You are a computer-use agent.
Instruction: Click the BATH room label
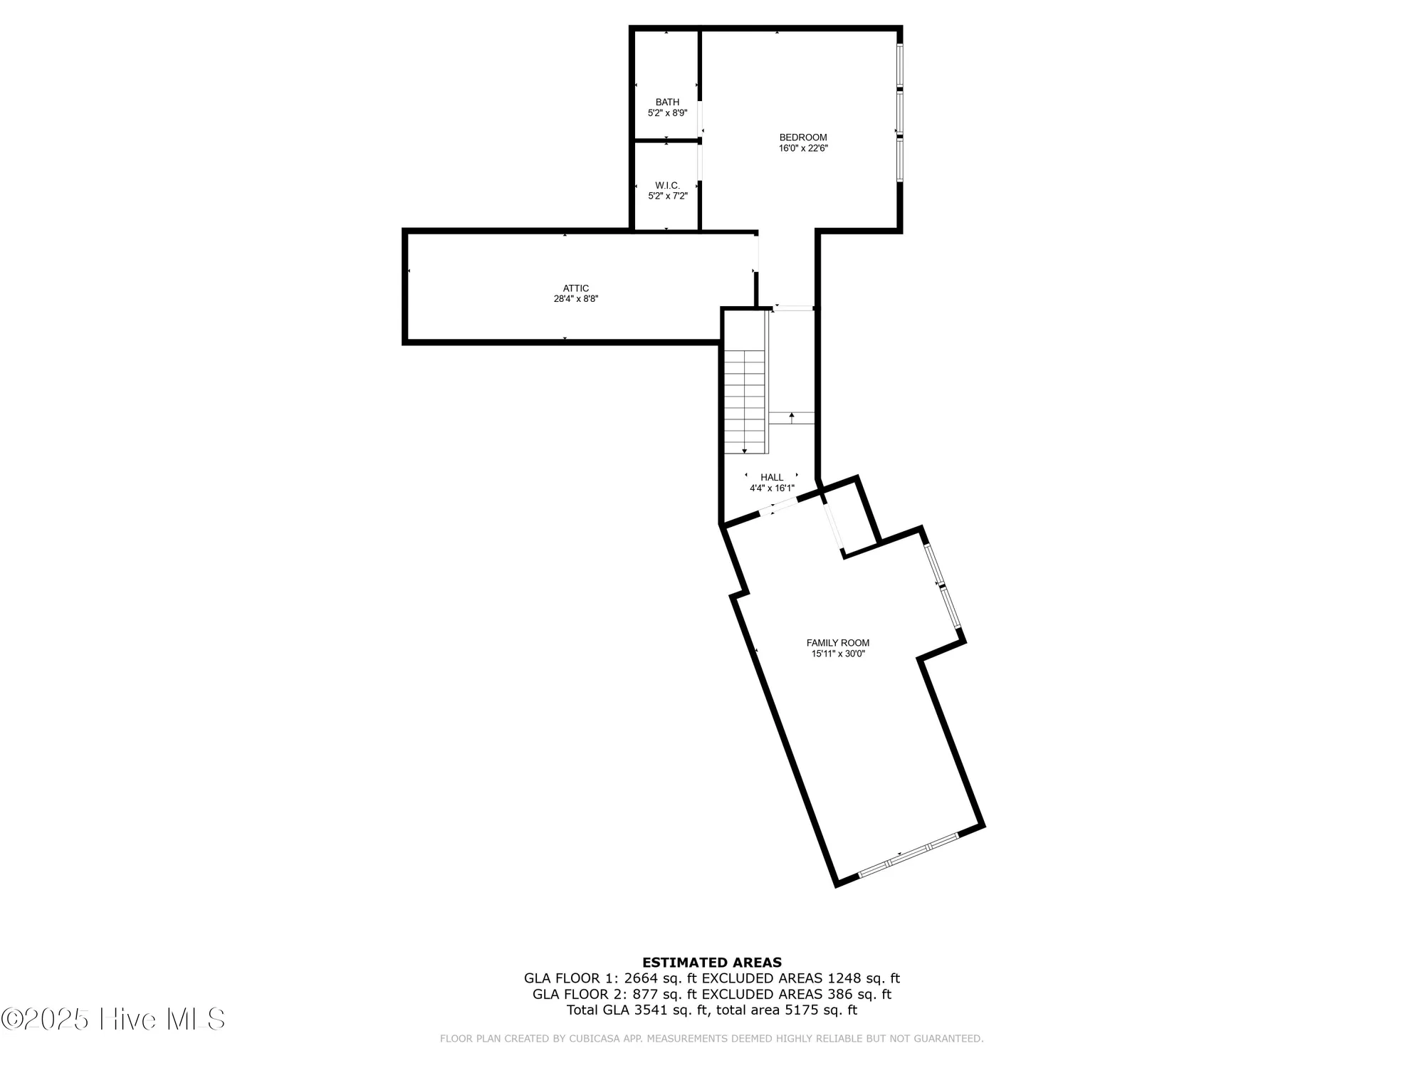pyautogui.click(x=667, y=102)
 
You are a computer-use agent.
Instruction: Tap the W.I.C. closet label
pyautogui.click(x=667, y=185)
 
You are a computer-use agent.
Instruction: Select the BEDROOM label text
pyautogui.click(x=802, y=137)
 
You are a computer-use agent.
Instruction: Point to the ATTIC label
pyautogui.click(x=575, y=288)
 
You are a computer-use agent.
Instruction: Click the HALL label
pyautogui.click(x=771, y=477)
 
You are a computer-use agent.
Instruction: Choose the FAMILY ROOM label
pyautogui.click(x=837, y=642)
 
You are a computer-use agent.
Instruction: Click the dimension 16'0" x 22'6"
pyautogui.click(x=802, y=149)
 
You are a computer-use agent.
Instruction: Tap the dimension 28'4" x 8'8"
pyautogui.click(x=575, y=299)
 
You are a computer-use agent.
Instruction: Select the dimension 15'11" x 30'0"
pyautogui.click(x=837, y=654)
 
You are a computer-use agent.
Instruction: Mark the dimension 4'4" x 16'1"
pyautogui.click(x=771, y=488)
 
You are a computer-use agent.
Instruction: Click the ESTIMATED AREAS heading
pyautogui.click(x=711, y=963)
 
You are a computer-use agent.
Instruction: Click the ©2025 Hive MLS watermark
pyautogui.click(x=114, y=1020)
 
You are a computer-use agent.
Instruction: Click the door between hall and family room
pyautogui.click(x=778, y=506)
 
